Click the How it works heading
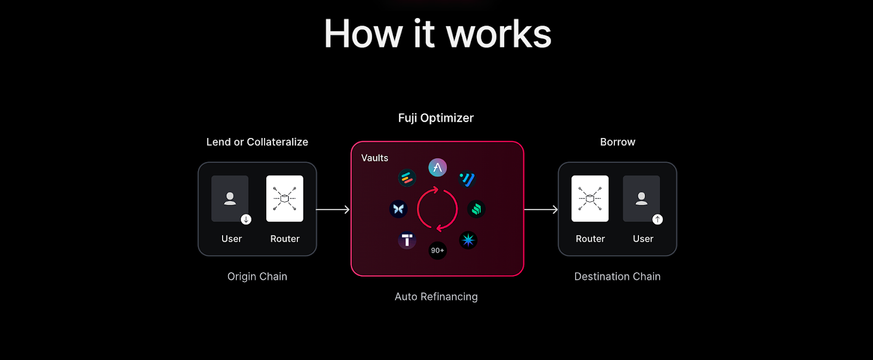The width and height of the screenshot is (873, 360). click(438, 34)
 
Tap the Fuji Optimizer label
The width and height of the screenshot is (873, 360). click(435, 118)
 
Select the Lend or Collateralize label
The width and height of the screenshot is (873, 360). click(257, 142)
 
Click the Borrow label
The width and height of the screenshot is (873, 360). click(617, 142)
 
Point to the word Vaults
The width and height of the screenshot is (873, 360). click(374, 158)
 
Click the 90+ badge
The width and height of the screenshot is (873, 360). click(438, 250)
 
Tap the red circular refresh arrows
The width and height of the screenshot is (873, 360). click(437, 209)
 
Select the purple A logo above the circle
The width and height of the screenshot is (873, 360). click(438, 167)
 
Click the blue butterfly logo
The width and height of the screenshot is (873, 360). click(398, 209)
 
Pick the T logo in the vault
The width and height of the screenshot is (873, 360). click(407, 240)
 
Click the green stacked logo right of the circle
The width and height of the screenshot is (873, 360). click(476, 209)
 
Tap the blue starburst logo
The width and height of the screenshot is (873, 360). click(468, 240)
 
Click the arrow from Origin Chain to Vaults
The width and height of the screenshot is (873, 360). click(333, 209)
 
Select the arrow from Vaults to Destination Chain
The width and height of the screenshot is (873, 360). click(541, 209)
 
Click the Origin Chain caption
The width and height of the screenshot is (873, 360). click(257, 277)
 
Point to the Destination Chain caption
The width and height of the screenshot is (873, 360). click(617, 277)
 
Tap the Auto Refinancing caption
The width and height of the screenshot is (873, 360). click(436, 297)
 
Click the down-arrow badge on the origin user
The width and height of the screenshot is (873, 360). click(246, 219)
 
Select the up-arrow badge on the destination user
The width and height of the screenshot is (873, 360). click(657, 219)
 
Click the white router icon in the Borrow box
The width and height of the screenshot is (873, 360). click(590, 199)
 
